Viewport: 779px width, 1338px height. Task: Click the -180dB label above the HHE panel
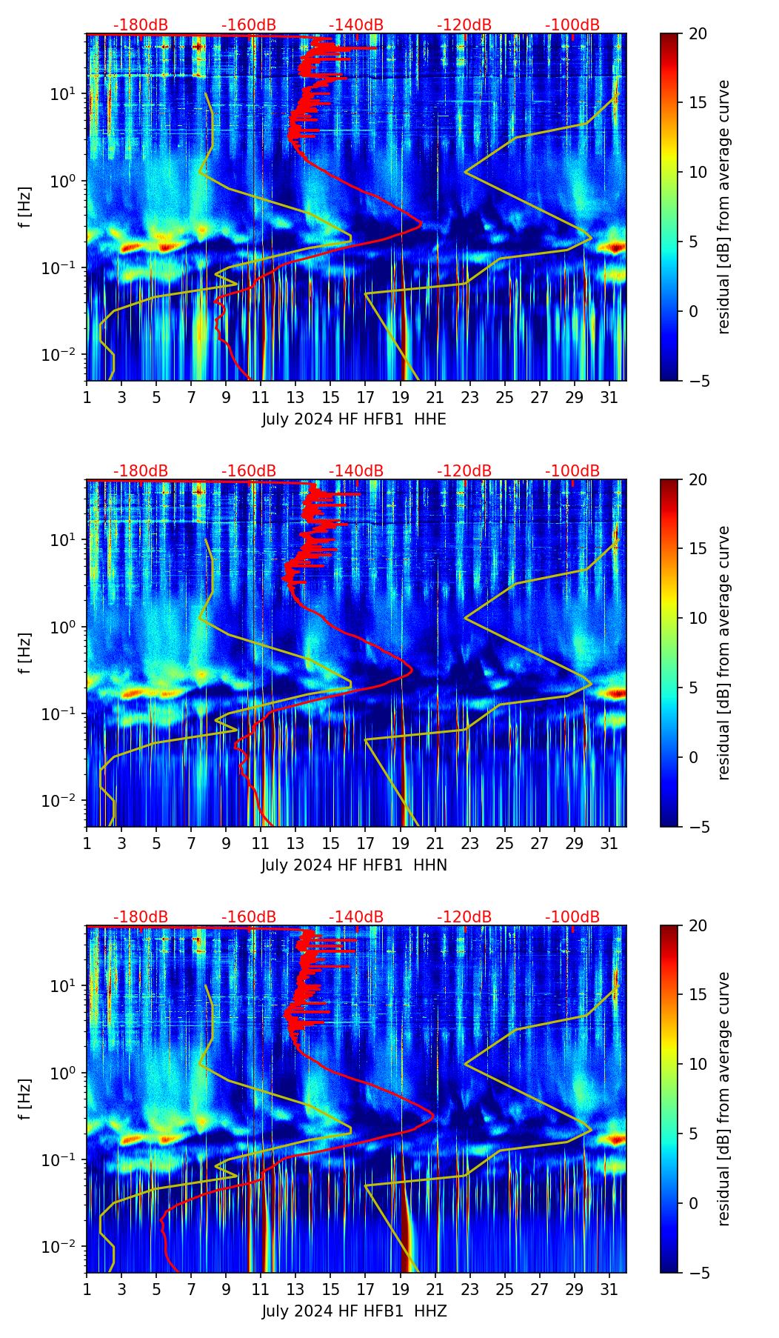click(x=141, y=25)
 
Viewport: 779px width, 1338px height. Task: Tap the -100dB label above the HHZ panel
click(x=572, y=917)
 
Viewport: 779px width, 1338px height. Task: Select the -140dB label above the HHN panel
click(x=356, y=471)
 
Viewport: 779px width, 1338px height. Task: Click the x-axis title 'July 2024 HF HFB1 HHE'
click(x=354, y=419)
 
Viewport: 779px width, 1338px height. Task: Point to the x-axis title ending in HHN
click(x=354, y=865)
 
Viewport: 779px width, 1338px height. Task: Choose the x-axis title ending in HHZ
click(x=354, y=1311)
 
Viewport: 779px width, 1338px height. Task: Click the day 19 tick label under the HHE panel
click(x=401, y=398)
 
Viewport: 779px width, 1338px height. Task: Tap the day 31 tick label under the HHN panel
click(x=609, y=844)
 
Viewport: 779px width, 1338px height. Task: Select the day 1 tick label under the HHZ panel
click(x=87, y=1290)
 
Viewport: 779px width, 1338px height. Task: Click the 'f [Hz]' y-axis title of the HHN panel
click(x=25, y=653)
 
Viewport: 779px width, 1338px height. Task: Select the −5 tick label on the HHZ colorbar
click(x=696, y=1273)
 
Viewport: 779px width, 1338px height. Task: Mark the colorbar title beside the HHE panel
click(x=723, y=207)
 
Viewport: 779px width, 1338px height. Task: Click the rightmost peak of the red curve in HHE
click(x=421, y=224)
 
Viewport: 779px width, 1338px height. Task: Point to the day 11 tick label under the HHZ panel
click(x=261, y=1290)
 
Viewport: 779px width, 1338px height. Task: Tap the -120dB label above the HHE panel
click(x=464, y=25)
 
